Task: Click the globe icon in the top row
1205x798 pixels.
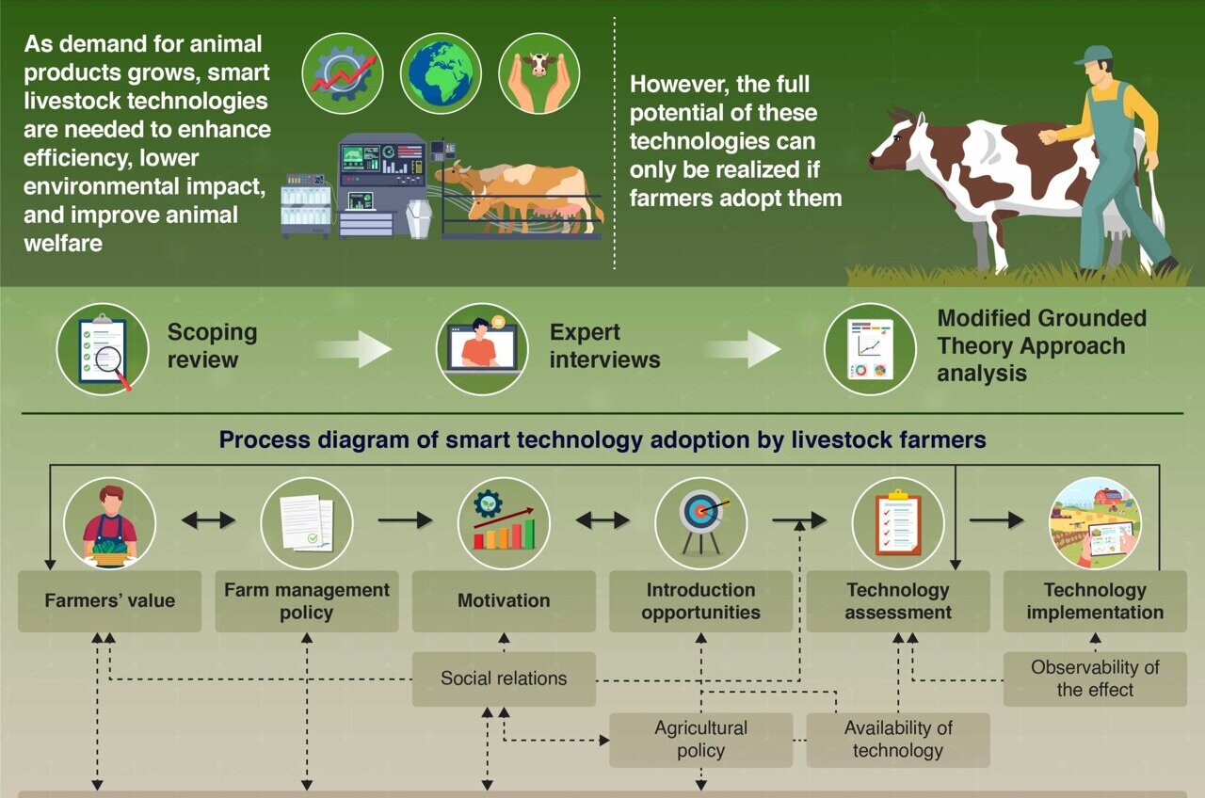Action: point(441,73)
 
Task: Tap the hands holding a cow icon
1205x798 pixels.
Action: point(538,73)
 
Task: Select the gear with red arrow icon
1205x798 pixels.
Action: point(343,73)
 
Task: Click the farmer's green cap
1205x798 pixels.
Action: point(1094,55)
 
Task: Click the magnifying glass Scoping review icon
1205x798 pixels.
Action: point(103,349)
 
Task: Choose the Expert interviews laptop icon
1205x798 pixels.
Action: point(482,349)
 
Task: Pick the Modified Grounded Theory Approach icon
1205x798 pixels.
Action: point(870,349)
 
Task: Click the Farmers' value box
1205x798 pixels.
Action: point(109,600)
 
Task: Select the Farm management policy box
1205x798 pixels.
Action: point(307,600)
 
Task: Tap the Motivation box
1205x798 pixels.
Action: point(504,600)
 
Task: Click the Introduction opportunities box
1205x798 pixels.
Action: point(700,600)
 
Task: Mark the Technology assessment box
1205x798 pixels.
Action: point(898,600)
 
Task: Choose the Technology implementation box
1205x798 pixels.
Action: point(1095,600)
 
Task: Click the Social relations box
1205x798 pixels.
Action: point(504,678)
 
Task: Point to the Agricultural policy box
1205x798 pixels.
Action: point(700,739)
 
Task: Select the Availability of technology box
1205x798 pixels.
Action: point(898,739)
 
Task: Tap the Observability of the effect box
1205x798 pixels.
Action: point(1095,678)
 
